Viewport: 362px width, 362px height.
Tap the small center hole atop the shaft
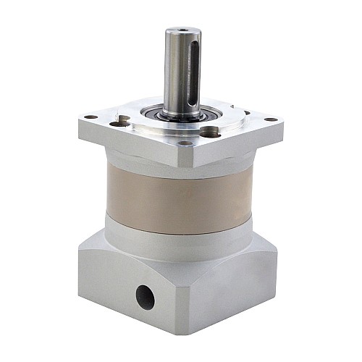[x=182, y=31]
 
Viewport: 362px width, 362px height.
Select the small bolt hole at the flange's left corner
[x=90, y=117]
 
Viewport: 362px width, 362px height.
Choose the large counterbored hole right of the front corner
[x=210, y=132]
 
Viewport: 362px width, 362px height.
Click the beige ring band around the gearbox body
[x=181, y=199]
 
